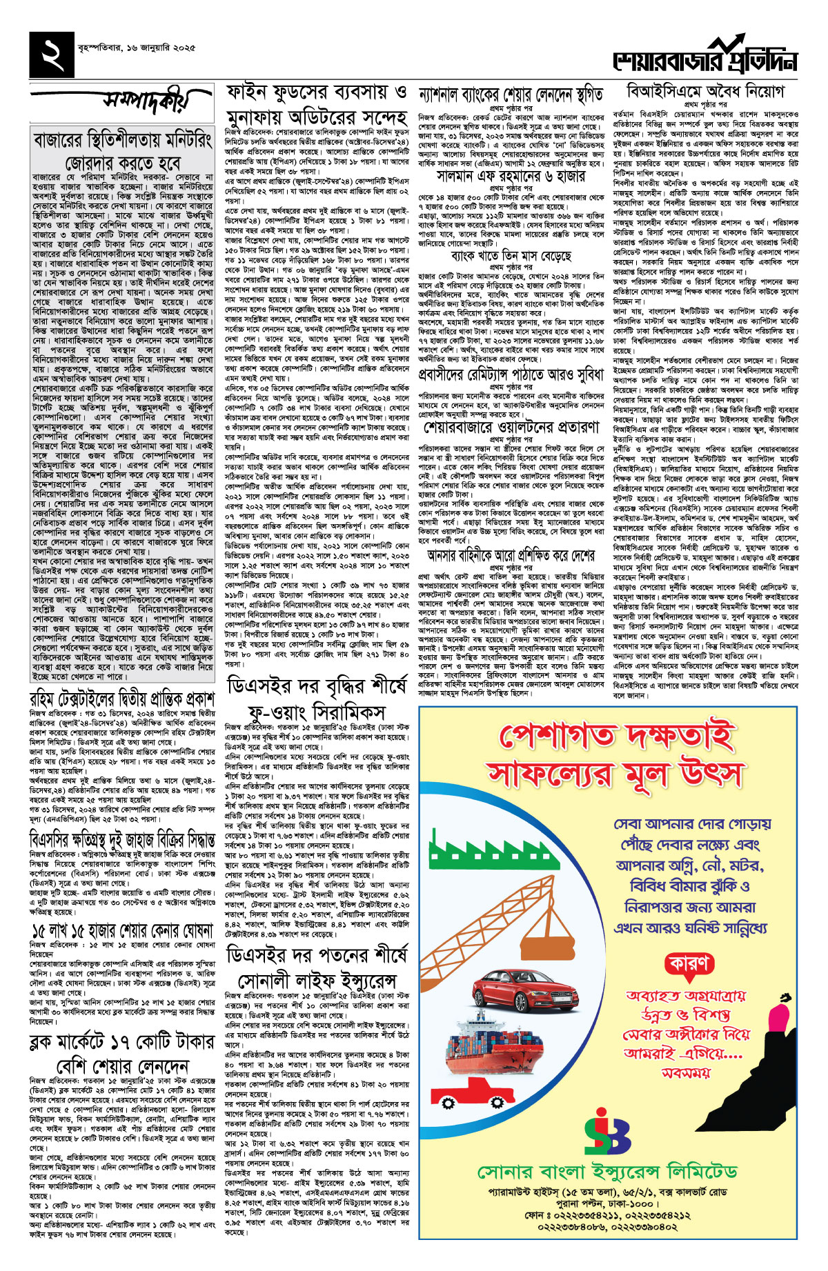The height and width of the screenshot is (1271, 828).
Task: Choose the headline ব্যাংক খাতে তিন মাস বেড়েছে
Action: pyautogui.click(x=511, y=257)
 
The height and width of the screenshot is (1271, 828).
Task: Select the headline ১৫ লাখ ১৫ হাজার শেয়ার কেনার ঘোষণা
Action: pyautogui.click(x=123, y=930)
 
